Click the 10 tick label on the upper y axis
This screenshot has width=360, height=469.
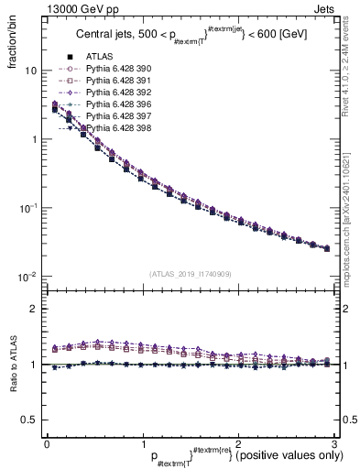[x=30, y=71]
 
